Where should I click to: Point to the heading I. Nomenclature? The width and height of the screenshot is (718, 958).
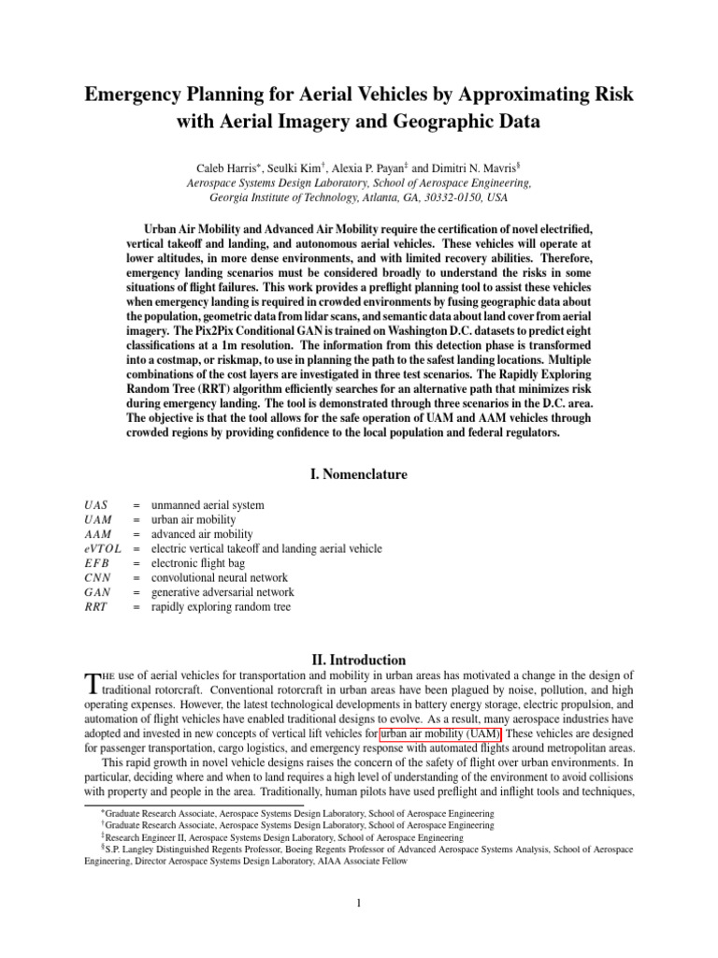pyautogui.click(x=358, y=474)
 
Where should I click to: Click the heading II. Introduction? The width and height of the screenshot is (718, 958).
pyautogui.click(x=358, y=660)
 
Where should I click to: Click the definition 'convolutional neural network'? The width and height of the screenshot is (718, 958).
pyautogui.click(x=219, y=578)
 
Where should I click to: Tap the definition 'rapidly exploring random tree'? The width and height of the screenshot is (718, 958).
pyautogui.click(x=221, y=607)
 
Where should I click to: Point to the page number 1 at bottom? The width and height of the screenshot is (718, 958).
pyautogui.click(x=359, y=903)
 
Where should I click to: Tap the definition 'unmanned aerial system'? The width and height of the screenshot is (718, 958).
pyautogui.click(x=208, y=505)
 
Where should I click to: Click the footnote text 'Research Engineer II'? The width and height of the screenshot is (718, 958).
pyautogui.click(x=146, y=838)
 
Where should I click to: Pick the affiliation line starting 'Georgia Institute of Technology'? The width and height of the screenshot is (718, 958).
pyautogui.click(x=359, y=198)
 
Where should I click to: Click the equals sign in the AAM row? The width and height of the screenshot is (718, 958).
pyautogui.click(x=136, y=534)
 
